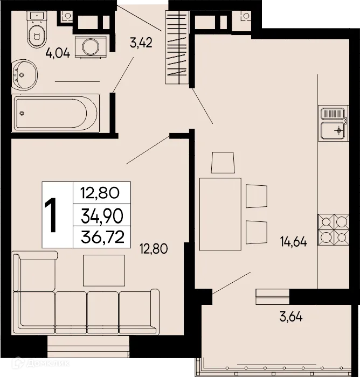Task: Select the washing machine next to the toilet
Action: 91,46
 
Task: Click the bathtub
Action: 56,113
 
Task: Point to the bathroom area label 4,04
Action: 59,53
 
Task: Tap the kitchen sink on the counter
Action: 331,123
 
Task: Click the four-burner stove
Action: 331,230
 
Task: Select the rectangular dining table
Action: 219,214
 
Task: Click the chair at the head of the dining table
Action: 223,163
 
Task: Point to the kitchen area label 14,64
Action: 293,242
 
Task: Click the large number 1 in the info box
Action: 53,215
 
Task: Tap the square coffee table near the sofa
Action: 103,271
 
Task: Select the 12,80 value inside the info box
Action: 101,193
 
